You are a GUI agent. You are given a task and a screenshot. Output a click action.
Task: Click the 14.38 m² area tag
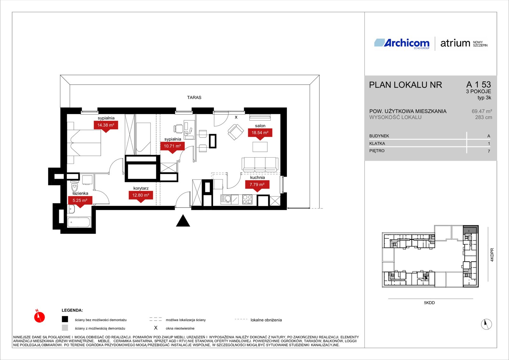point(106,125)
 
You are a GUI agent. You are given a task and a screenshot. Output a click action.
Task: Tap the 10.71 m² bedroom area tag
point(172,146)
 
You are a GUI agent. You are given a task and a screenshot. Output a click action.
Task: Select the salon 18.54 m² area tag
point(260,133)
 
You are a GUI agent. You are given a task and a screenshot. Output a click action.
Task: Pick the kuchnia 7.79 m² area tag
point(257,185)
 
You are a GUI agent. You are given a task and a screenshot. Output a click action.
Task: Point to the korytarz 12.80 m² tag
point(141,195)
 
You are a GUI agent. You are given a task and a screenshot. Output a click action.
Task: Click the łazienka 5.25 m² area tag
point(80,201)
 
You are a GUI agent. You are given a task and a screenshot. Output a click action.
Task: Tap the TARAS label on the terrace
point(194,97)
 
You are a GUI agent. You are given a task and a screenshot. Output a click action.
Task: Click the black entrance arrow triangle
point(183,221)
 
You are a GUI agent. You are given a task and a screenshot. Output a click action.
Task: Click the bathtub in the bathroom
point(79,222)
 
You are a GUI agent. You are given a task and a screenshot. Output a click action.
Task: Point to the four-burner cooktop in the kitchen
point(247,200)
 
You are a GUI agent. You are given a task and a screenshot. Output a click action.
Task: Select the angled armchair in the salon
point(236,132)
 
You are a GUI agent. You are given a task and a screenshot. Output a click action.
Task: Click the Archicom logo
point(402,43)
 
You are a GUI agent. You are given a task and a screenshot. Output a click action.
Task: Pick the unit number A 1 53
point(478,85)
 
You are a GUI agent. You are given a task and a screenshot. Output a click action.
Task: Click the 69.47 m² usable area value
point(482,111)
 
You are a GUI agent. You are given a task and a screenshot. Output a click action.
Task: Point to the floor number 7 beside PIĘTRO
point(489,151)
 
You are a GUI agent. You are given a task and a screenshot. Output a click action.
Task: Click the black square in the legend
point(65,319)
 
